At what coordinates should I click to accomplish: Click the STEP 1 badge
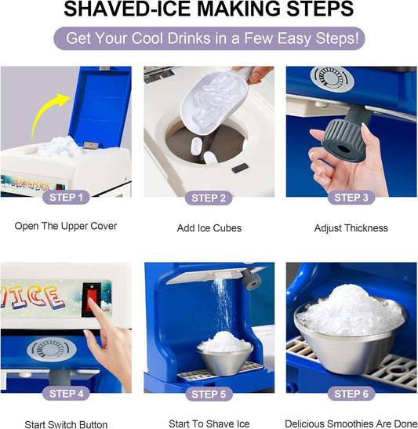66,198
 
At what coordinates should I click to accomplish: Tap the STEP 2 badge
209,198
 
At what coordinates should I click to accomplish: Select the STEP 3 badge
351,198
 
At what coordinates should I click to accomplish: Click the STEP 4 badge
66,394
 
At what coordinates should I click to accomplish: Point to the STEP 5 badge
209,394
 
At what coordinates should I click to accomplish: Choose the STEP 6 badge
351,394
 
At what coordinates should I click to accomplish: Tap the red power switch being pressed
92,300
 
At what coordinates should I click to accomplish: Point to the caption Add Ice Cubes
209,228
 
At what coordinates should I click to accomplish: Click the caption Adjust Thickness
351,228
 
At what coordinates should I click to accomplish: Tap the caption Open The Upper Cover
66,226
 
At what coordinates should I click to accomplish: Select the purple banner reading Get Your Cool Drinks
209,38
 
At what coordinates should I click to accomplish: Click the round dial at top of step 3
332,78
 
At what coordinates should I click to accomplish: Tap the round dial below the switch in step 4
52,350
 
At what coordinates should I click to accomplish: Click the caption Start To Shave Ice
209,424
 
